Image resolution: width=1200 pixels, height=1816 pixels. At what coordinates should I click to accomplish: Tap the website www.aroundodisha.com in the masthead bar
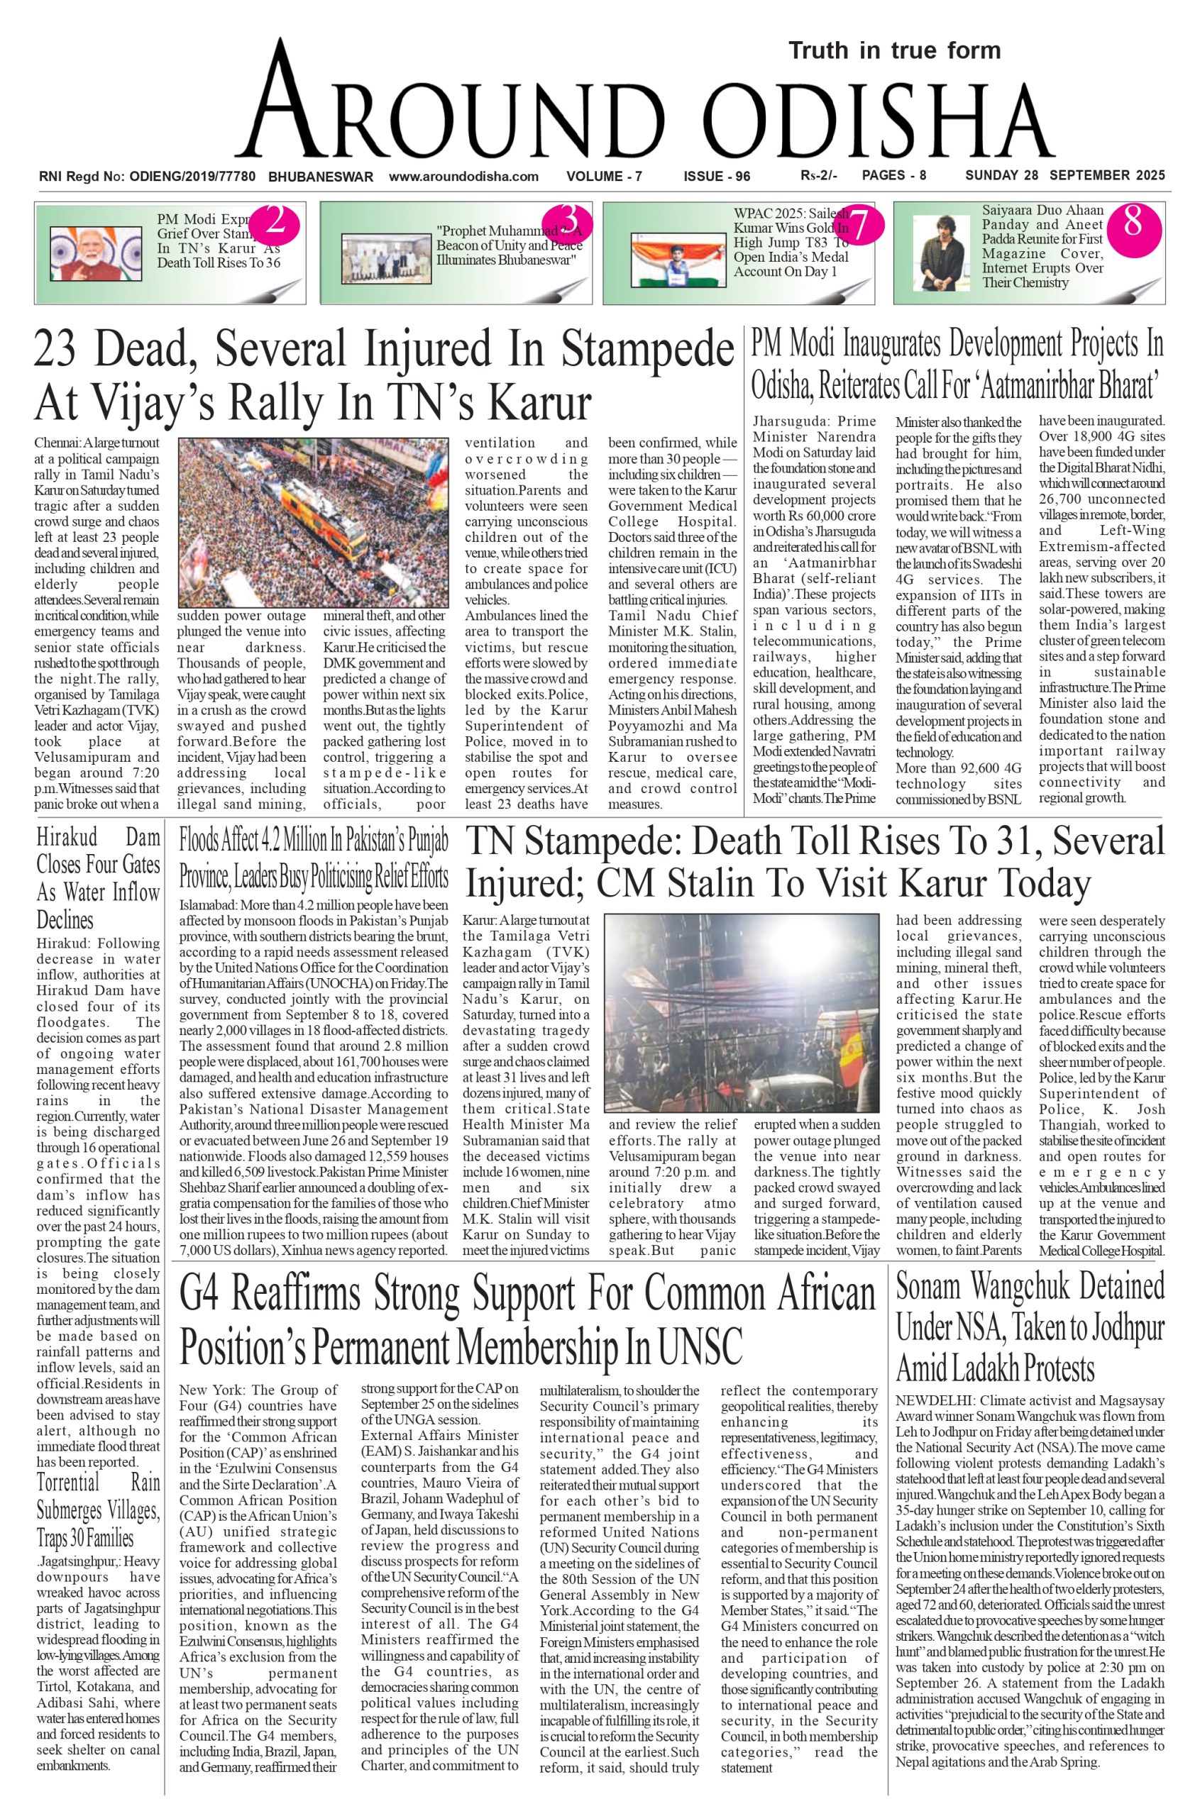(464, 177)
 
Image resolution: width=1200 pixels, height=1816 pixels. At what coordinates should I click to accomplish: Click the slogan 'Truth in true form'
(895, 51)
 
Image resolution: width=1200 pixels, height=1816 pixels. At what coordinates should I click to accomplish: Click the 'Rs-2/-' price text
(818, 176)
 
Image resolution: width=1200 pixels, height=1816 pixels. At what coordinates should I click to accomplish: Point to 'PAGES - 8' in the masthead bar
(894, 175)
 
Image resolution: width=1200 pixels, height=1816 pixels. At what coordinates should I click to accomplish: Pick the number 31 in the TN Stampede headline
(1025, 842)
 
